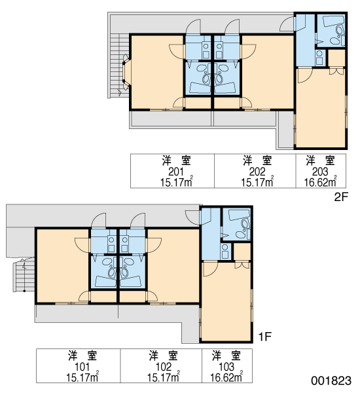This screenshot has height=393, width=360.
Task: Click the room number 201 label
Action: pos(176,172)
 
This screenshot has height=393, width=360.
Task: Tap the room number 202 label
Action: pos(257,172)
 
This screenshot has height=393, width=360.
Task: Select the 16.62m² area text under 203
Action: pos(321,182)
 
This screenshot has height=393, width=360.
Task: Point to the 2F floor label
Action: pos(341,197)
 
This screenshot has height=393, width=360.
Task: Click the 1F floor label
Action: pos(265,337)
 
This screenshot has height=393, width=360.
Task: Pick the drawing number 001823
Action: pos(331,381)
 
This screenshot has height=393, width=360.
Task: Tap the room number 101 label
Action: pos(82,367)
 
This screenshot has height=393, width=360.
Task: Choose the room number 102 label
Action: pos(164,367)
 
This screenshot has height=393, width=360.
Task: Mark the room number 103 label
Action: pos(226,367)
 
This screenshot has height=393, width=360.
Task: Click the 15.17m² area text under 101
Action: pos(82,377)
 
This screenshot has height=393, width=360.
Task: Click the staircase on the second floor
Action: pos(119,65)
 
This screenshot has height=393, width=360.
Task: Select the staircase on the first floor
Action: pos(24,274)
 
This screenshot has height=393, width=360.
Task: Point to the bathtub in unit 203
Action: pos(333,21)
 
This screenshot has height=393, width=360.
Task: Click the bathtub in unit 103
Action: pos(239,215)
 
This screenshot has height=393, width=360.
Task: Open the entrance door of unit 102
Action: pos(137,221)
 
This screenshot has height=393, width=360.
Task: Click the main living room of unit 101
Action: pos(63,266)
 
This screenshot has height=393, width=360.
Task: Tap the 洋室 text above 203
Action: pos(321,161)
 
